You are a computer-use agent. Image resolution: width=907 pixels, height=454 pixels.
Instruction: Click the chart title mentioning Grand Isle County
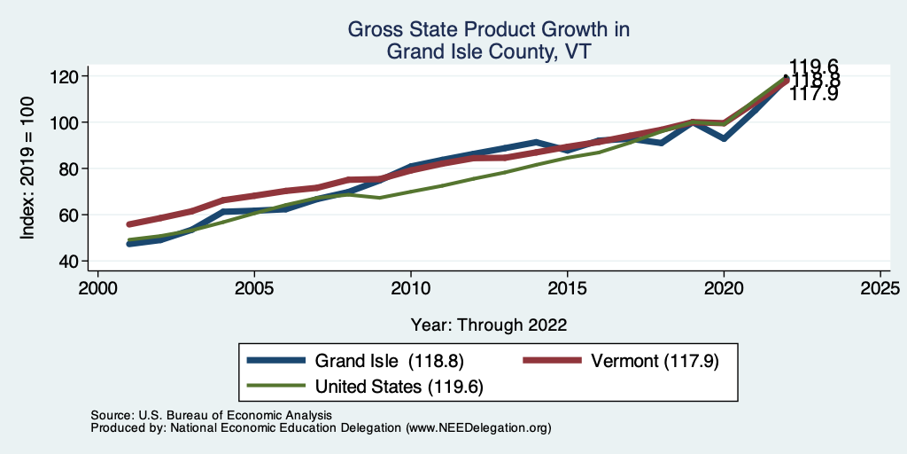(x=488, y=41)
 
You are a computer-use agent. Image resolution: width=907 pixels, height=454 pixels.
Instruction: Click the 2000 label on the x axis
(x=97, y=289)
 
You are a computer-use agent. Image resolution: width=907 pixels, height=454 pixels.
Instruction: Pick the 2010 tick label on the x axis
(x=411, y=289)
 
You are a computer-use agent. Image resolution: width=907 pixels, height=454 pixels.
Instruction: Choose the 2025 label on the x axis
(x=880, y=289)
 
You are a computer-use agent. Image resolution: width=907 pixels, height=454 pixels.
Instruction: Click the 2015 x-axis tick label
(x=568, y=289)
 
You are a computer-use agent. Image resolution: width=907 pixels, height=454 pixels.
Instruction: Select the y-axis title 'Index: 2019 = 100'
(x=28, y=168)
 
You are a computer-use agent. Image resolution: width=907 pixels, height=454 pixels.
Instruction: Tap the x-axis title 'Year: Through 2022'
(x=488, y=325)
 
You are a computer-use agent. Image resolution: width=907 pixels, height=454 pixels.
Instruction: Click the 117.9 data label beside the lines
(x=813, y=93)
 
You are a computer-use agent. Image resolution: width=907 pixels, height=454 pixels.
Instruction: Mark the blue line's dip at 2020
(x=725, y=138)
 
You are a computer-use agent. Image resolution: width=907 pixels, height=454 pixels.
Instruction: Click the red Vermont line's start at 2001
(x=129, y=224)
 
